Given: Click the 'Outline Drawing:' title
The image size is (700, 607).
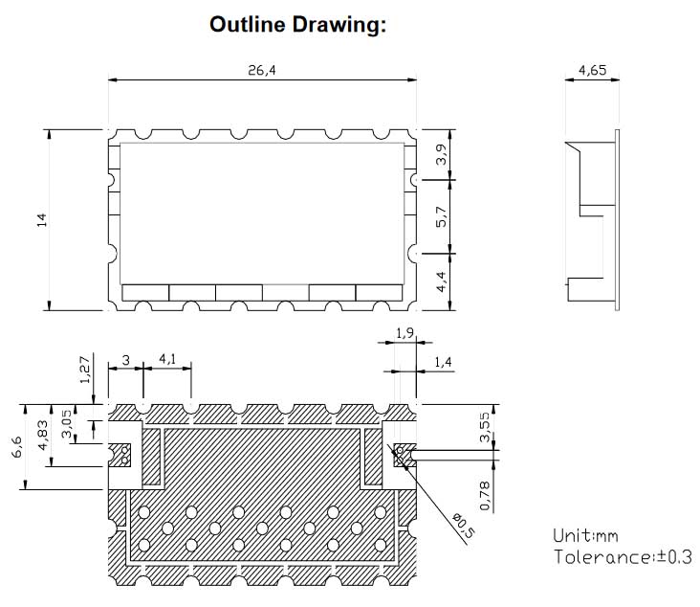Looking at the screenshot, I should click(x=297, y=25).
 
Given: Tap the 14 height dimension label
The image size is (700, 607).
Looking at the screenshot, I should click(x=41, y=220).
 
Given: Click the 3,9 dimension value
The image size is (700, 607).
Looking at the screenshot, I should click(x=441, y=154).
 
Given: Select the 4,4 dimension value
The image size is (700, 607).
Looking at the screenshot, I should click(x=441, y=281).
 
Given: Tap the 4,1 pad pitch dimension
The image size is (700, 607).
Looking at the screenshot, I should click(x=167, y=359).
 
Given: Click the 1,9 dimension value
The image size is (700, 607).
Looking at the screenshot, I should click(x=405, y=333).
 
